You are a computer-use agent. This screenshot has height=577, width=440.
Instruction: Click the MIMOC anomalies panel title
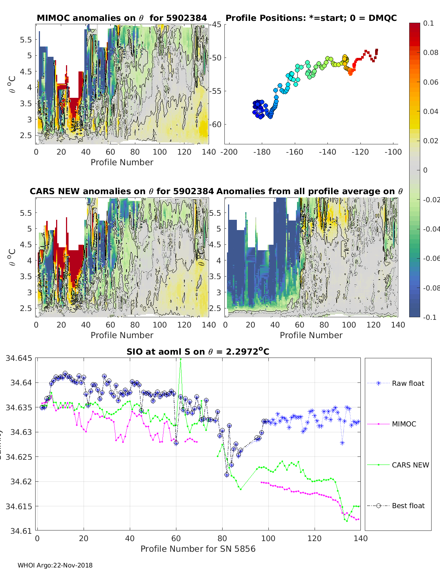click(x=122, y=18)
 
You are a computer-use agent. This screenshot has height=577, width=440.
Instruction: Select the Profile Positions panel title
click(x=311, y=18)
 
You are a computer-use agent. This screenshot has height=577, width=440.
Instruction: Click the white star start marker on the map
click(x=258, y=110)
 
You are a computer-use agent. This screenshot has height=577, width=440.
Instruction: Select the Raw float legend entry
click(x=408, y=383)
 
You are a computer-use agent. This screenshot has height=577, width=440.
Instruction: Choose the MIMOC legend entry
click(x=404, y=424)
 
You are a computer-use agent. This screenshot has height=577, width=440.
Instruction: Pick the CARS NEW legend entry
click(x=410, y=465)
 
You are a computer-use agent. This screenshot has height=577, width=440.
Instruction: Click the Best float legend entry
click(x=408, y=506)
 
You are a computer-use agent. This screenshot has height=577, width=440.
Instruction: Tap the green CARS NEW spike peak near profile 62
click(x=180, y=359)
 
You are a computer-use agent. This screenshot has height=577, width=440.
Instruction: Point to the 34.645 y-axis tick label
click(x=19, y=358)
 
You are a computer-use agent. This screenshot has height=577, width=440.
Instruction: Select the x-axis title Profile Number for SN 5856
click(x=198, y=548)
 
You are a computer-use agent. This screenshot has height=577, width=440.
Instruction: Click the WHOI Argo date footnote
click(x=55, y=565)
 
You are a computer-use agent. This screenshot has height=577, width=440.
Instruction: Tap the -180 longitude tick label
click(x=261, y=152)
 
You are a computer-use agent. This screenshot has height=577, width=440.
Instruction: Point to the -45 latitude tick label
click(x=215, y=25)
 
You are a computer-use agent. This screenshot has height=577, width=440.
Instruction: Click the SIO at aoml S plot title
click(x=198, y=352)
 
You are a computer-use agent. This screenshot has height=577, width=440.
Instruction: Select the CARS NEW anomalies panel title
click(x=122, y=191)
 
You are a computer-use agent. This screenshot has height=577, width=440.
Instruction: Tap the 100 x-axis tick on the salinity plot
click(x=268, y=538)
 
